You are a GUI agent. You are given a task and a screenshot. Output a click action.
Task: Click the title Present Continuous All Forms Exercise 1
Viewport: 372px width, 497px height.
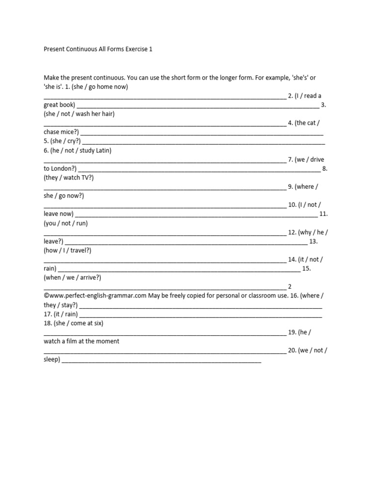(x=98, y=50)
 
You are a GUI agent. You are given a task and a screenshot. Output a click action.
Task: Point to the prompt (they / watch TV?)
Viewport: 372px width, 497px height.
(x=69, y=178)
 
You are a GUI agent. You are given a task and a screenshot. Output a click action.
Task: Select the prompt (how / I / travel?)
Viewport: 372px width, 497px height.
(x=67, y=250)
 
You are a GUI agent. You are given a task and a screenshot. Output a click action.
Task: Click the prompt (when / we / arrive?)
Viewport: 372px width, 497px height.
(x=72, y=278)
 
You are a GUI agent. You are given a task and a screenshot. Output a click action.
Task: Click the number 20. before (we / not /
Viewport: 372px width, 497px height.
(x=292, y=350)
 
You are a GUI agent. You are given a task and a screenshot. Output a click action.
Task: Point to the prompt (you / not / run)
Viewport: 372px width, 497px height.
(x=65, y=223)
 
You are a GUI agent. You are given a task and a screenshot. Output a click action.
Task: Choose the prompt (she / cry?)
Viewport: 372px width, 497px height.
(x=65, y=141)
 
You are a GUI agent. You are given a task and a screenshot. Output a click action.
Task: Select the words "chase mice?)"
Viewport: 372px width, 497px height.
(x=61, y=132)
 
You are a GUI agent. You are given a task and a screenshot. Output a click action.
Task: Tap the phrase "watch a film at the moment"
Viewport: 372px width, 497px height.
(x=81, y=341)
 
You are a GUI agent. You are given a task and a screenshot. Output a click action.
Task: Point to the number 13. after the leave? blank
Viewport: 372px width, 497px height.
(x=313, y=241)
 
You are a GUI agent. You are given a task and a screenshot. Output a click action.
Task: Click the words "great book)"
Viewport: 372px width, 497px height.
(x=59, y=105)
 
